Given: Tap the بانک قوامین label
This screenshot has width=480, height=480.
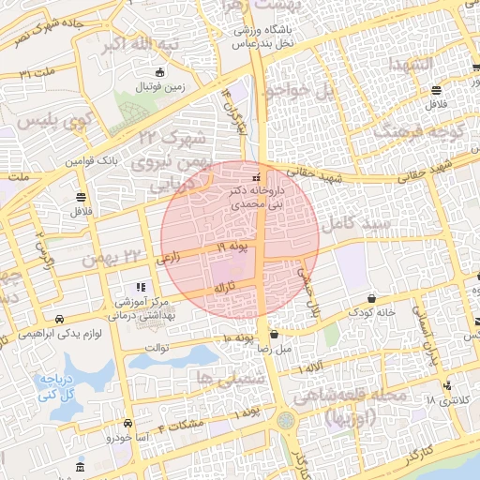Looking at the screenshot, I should pyautogui.click(x=93, y=161).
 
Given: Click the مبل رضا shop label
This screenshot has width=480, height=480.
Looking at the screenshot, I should pyautogui.click(x=274, y=348).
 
